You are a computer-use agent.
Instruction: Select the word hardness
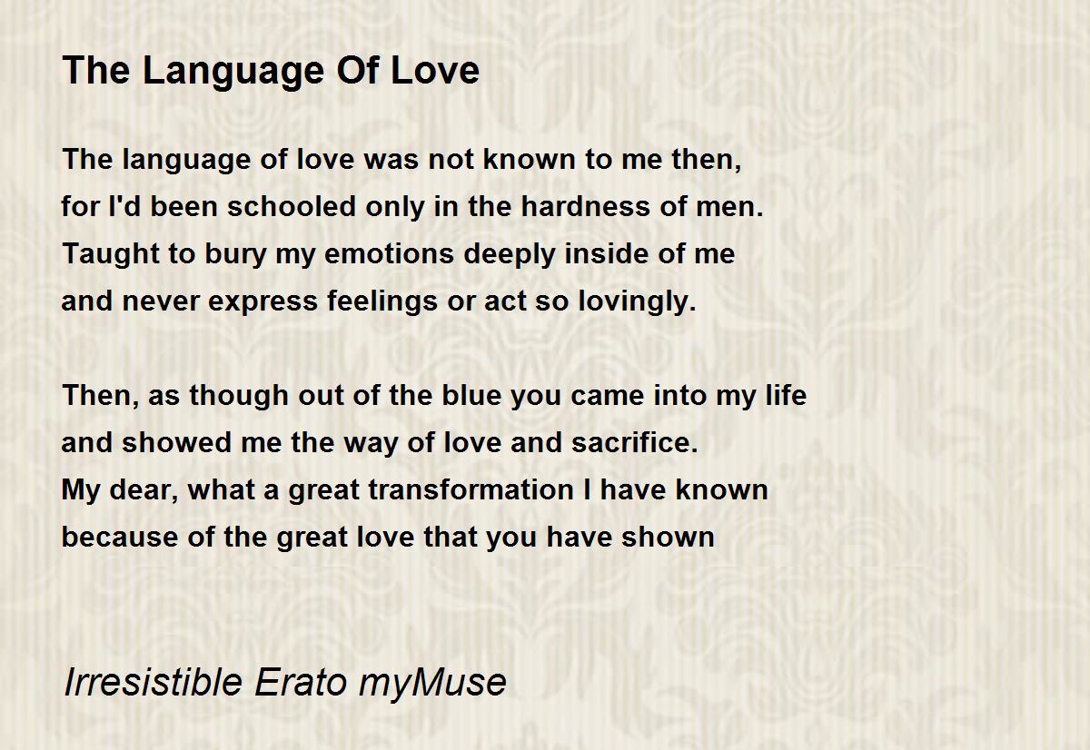pyautogui.click(x=585, y=206)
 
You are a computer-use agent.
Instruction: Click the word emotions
pyautogui.click(x=389, y=254)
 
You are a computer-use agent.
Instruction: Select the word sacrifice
pyautogui.click(x=635, y=442)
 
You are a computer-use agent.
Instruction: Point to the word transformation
pyautogui.click(x=471, y=489)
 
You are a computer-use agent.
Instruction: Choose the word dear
pyautogui.click(x=140, y=490)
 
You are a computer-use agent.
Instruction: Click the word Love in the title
pyautogui.click(x=434, y=71)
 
